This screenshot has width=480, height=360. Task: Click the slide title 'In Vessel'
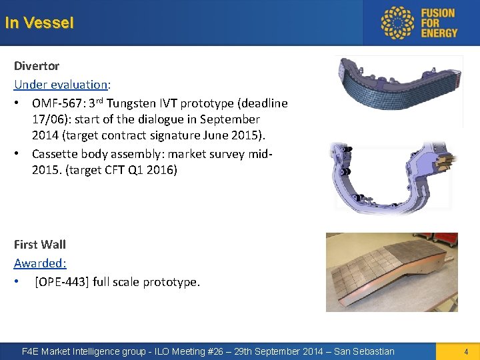[x=39, y=23]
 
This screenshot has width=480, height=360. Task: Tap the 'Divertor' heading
[x=37, y=66]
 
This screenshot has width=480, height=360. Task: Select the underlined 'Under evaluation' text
[x=61, y=85]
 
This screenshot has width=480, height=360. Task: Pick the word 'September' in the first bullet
[x=229, y=119]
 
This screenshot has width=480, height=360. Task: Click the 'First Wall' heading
[x=40, y=245]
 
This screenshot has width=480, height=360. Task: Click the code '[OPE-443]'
[x=62, y=282]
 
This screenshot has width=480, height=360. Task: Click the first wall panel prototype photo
[x=391, y=271]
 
